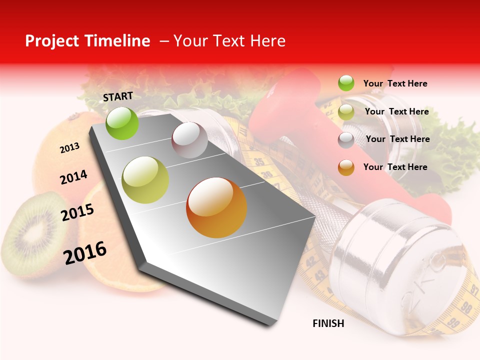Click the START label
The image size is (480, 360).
pyautogui.click(x=118, y=96)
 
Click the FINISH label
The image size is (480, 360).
pyautogui.click(x=328, y=323)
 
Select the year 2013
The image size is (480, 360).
pyautogui.click(x=69, y=148)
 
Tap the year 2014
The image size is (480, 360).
pyautogui.click(x=73, y=177)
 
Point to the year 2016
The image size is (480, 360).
pyautogui.click(x=85, y=252)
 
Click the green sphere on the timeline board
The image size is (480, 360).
pyautogui.click(x=122, y=123)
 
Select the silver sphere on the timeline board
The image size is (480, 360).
pyautogui.click(x=189, y=140)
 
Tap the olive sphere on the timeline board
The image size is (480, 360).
pyautogui.click(x=145, y=180)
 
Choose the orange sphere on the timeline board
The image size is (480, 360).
pyautogui.click(x=216, y=207)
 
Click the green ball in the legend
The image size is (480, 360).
pyautogui.click(x=346, y=83)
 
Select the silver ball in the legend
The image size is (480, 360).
pyautogui.click(x=346, y=140)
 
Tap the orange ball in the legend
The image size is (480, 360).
pyautogui.click(x=346, y=167)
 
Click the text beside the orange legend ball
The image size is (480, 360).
pyautogui.click(x=395, y=167)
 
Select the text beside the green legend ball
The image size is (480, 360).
pyautogui.click(x=395, y=83)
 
